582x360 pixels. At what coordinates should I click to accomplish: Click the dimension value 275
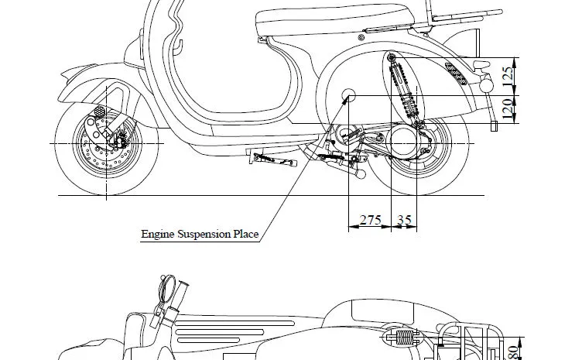tap(371, 220)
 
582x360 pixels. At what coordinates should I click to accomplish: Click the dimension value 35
tap(405, 220)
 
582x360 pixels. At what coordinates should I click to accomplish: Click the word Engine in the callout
tap(158, 234)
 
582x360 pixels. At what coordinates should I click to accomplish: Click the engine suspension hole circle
tap(348, 96)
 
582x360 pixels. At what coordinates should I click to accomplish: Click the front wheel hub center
tap(107, 144)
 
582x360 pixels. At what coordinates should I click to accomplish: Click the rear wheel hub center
tap(418, 144)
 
